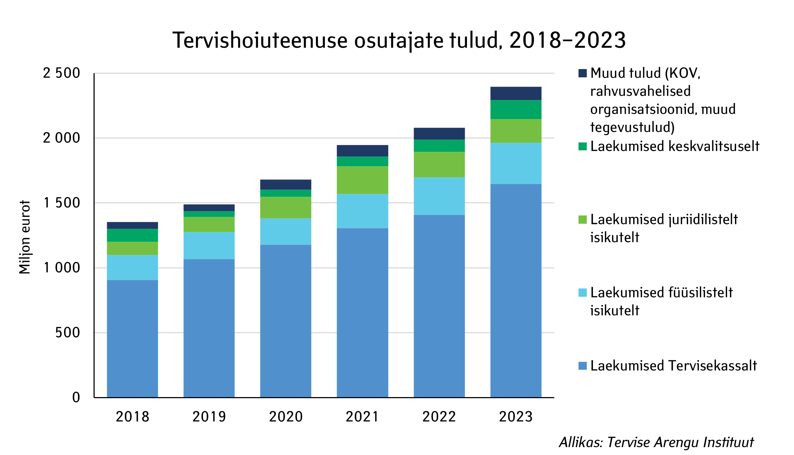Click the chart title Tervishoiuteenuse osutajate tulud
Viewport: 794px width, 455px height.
click(x=399, y=40)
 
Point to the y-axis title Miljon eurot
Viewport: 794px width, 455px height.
click(x=25, y=237)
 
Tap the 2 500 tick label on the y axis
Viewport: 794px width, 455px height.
click(x=62, y=73)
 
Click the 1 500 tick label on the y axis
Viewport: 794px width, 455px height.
click(x=62, y=203)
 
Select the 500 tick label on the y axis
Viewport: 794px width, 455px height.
click(x=67, y=333)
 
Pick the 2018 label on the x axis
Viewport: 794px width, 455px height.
click(x=132, y=417)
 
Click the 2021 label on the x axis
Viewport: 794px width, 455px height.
click(x=362, y=417)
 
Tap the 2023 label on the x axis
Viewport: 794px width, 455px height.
click(x=516, y=417)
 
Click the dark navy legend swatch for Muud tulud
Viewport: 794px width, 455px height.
click(x=582, y=73)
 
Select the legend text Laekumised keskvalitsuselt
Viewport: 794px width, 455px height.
click(x=675, y=146)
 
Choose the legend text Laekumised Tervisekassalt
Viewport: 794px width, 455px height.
click(x=673, y=366)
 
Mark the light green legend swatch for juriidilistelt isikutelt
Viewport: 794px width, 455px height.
click(x=582, y=219)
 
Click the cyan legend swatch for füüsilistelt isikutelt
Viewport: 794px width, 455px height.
click(x=582, y=292)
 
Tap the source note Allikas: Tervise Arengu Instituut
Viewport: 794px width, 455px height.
click(x=656, y=442)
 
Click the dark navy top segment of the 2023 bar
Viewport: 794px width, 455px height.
click(x=516, y=93)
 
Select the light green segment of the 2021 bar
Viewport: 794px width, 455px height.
click(x=362, y=180)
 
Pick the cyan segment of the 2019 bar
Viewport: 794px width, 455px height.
click(x=209, y=245)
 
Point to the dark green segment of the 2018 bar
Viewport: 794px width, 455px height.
click(x=132, y=235)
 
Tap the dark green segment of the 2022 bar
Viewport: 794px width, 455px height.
click(x=439, y=146)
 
